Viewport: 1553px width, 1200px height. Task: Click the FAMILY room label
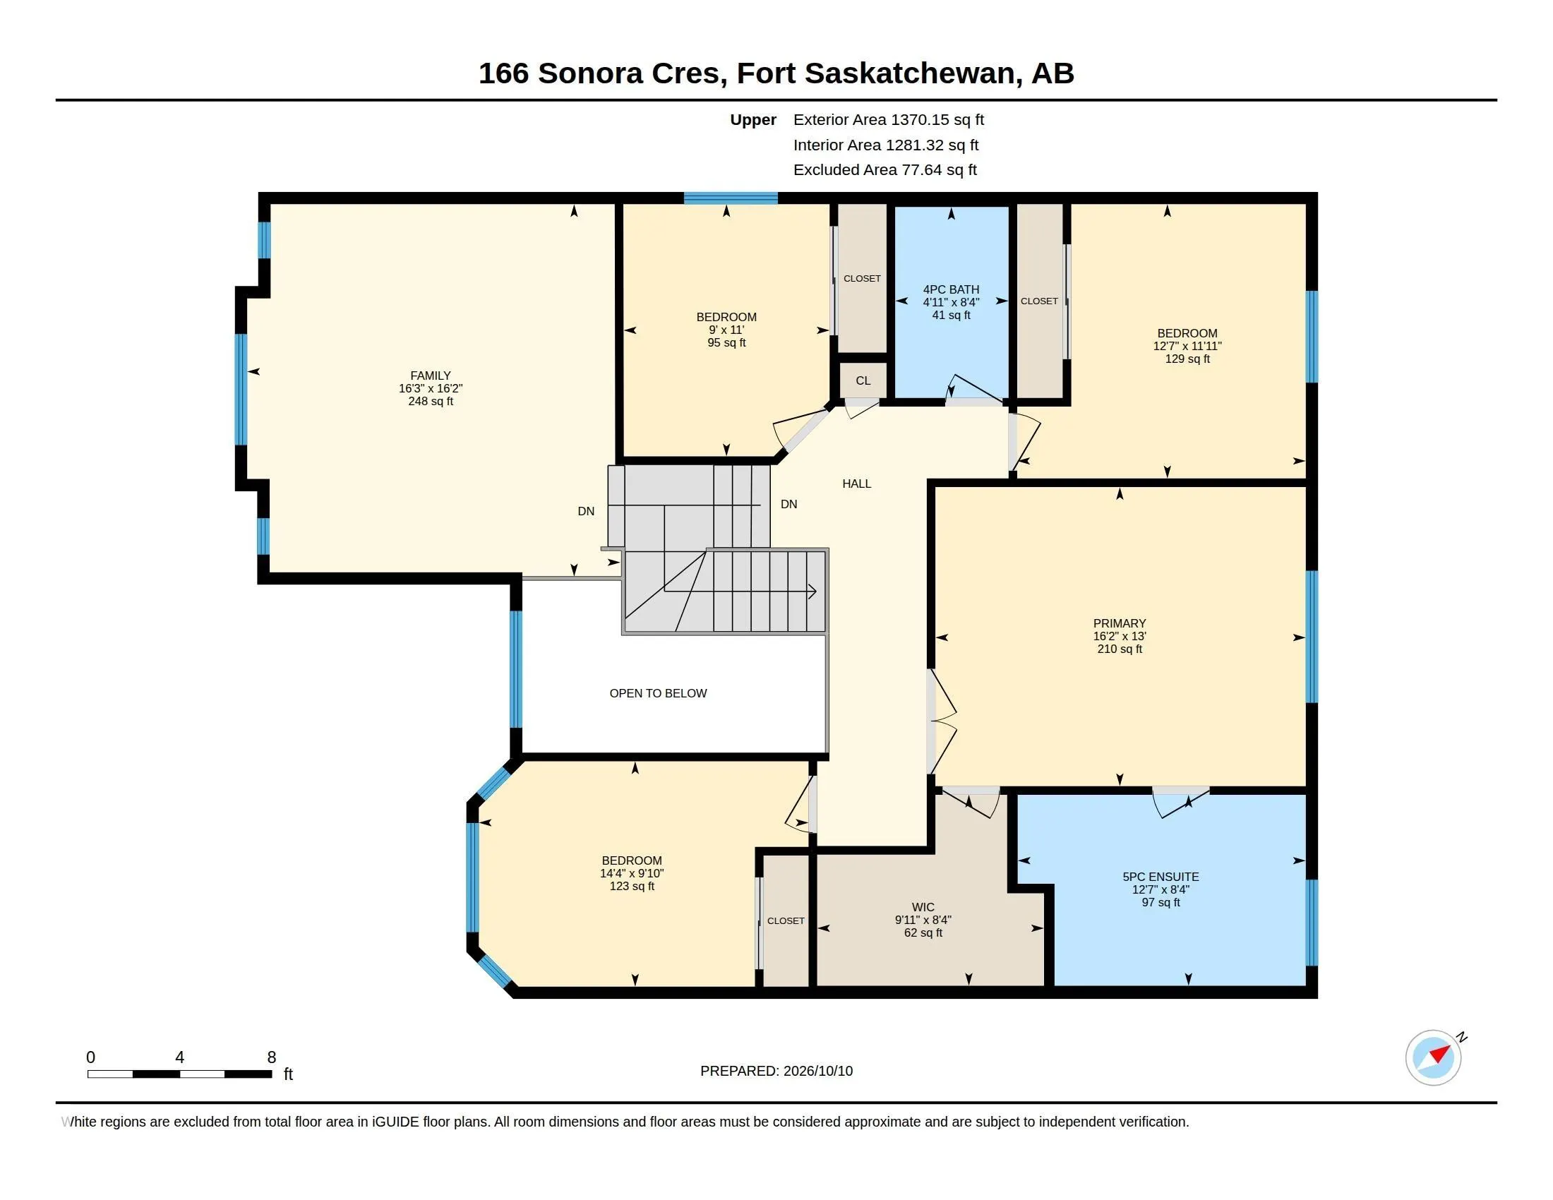430,376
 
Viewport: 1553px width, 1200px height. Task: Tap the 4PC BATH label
951,289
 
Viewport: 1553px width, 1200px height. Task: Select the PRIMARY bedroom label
1120,623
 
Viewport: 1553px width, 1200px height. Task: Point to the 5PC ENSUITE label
1161,877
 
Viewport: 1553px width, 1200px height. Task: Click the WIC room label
923,907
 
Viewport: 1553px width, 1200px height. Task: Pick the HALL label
856,484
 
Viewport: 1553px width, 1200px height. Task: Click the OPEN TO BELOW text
658,693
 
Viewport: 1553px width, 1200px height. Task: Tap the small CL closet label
863,381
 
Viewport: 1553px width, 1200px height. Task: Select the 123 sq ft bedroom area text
632,887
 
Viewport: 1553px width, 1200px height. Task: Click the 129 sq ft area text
1187,359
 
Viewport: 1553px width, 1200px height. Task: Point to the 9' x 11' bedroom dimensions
726,330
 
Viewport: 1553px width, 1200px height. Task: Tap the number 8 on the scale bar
271,1057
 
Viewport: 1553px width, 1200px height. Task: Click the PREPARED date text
776,1071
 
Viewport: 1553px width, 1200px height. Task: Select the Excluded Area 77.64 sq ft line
885,170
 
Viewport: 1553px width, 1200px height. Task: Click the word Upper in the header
753,120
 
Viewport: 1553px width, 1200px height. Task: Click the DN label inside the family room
586,511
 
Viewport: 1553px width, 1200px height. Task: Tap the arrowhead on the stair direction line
812,591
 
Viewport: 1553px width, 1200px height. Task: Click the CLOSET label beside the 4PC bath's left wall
862,279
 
